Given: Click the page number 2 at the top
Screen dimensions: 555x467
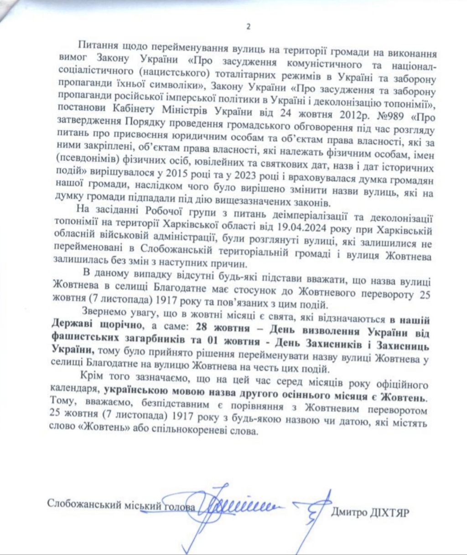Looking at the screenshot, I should click(248, 26).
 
